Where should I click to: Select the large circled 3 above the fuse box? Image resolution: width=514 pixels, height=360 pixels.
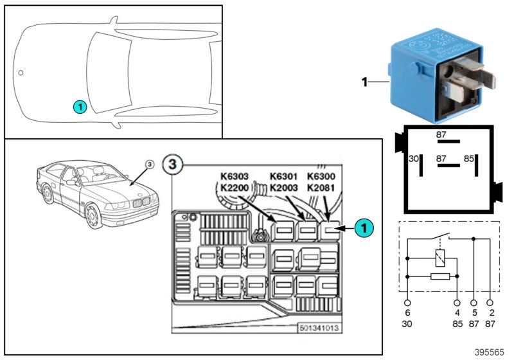click(x=171, y=163)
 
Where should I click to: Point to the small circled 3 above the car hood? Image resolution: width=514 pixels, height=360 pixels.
click(x=149, y=165)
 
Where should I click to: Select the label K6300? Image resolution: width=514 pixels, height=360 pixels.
click(x=321, y=176)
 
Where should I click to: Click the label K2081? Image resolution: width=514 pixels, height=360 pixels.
click(x=321, y=187)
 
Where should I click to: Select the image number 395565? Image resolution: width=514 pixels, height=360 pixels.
click(x=490, y=353)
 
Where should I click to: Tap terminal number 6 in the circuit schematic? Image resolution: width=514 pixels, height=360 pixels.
click(x=407, y=313)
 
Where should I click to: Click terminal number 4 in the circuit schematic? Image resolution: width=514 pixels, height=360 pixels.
click(x=457, y=313)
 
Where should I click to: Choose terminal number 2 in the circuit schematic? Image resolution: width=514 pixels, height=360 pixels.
click(x=491, y=313)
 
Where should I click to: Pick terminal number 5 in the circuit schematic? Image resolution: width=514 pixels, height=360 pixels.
click(x=474, y=313)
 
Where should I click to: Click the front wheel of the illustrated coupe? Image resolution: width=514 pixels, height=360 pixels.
click(x=94, y=217)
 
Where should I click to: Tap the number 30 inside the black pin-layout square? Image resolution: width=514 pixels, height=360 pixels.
click(x=415, y=158)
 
